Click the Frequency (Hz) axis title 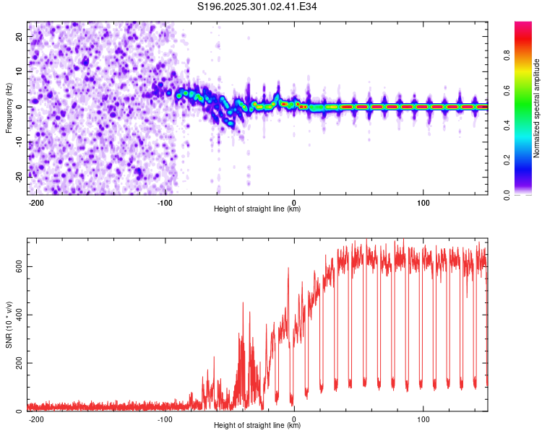click(9, 108)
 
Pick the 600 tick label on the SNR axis click(17, 266)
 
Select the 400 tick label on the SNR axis click(17, 315)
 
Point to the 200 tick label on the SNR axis click(17, 363)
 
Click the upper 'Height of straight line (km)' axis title click(257, 209)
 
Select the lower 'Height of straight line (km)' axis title click(257, 426)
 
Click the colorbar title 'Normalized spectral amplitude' click(537, 108)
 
